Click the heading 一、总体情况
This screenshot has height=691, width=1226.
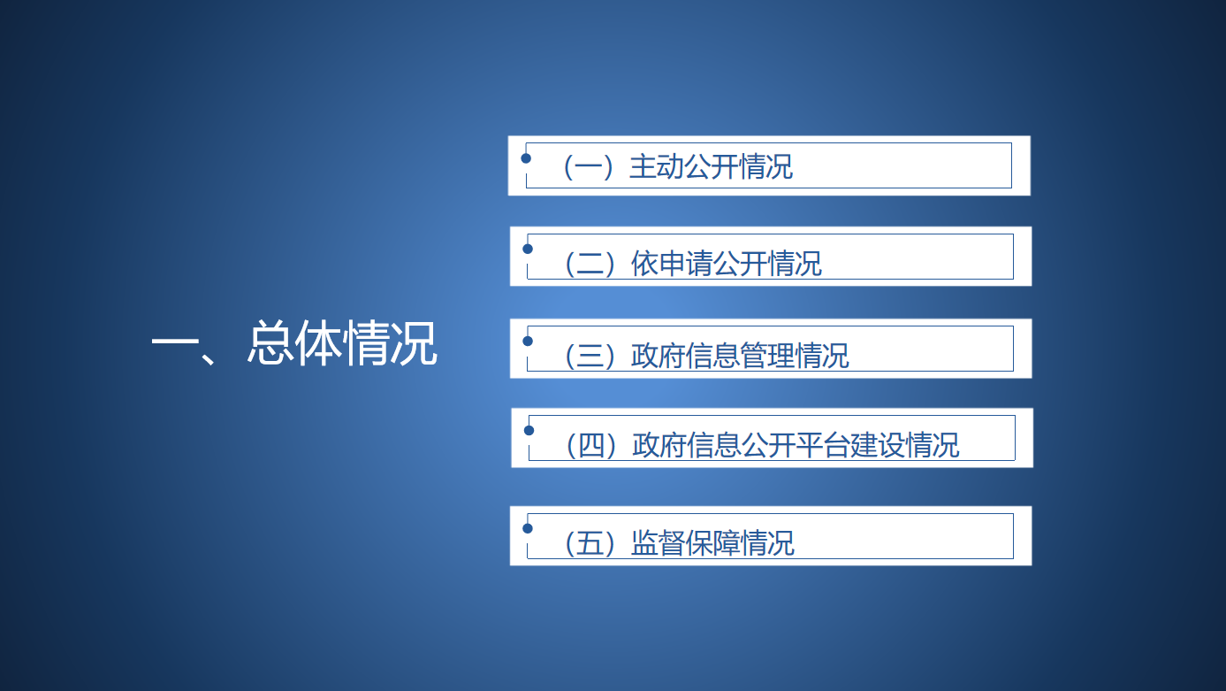(294, 343)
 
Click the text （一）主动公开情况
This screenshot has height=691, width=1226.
(678, 166)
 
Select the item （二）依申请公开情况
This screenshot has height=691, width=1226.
(693, 264)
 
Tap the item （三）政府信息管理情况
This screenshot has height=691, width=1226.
(706, 356)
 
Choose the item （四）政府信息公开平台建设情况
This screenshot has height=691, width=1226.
(763, 445)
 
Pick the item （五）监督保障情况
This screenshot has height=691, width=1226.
(679, 543)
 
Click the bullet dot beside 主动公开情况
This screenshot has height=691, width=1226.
(526, 158)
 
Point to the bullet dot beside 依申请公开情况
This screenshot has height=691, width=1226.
(528, 250)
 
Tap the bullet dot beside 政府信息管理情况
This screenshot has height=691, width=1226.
(528, 342)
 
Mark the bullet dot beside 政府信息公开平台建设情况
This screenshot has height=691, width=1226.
(529, 431)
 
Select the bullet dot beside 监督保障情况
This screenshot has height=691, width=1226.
(528, 528)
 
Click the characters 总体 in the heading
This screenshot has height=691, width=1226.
(295, 343)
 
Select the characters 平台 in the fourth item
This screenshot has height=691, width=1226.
(823, 445)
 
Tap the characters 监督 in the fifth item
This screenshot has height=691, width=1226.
(658, 543)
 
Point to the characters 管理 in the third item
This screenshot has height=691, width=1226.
(767, 356)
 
